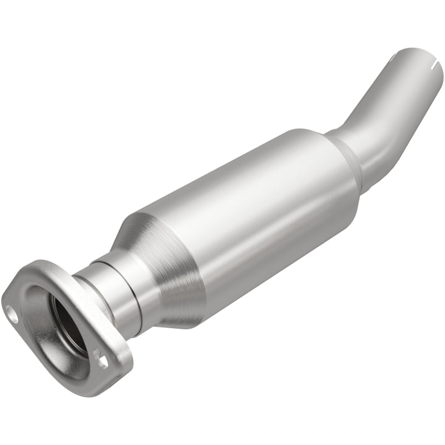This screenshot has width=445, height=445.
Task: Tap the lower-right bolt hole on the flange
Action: tap(102, 360)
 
